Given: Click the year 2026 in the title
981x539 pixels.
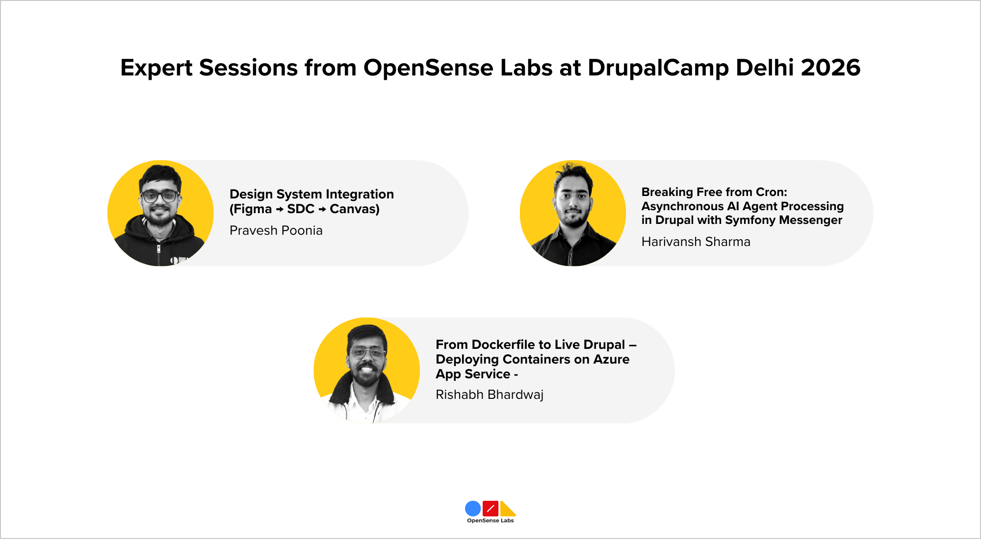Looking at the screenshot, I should (x=830, y=68).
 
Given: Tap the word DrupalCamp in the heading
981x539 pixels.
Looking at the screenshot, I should (x=658, y=68).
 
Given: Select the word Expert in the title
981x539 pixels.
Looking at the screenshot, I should (x=156, y=68).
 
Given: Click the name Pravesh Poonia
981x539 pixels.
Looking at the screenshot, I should (x=276, y=230).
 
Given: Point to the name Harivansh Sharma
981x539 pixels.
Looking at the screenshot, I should (x=696, y=242).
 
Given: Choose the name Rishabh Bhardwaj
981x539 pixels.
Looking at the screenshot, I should (x=489, y=394).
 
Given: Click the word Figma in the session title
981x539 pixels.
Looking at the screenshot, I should (x=253, y=209).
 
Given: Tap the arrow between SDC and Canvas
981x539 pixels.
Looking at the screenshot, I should (x=322, y=210).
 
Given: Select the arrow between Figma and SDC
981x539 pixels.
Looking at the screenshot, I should (x=280, y=210).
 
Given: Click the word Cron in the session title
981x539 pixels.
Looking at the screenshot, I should (x=770, y=192).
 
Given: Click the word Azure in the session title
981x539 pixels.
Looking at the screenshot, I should (x=611, y=359).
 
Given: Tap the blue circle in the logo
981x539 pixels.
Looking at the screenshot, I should (x=473, y=509).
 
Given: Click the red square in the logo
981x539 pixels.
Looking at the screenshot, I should (x=490, y=509).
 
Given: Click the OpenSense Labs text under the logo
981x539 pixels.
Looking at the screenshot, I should (x=490, y=520).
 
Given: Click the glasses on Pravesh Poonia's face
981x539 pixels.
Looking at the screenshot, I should (x=159, y=196).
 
